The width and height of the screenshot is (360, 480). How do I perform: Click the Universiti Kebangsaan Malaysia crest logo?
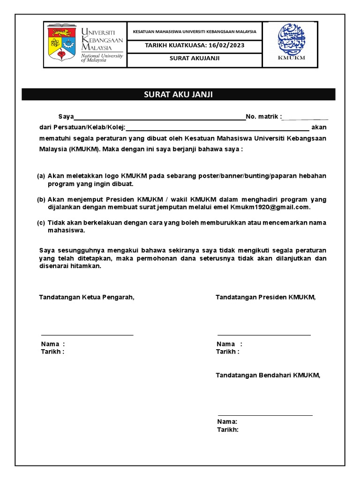click(x=63, y=45)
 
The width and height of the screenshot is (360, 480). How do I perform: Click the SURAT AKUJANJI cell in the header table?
click(x=195, y=59)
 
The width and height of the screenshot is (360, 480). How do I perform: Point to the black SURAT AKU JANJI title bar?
click(x=178, y=94)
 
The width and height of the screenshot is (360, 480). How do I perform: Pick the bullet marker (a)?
click(x=41, y=176)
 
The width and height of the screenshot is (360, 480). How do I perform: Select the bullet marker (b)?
click(x=41, y=199)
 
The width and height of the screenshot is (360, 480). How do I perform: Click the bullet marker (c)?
click(x=41, y=222)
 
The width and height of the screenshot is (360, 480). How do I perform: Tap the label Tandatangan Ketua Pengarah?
click(x=87, y=297)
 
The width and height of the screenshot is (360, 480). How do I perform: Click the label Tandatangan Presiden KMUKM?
click(x=265, y=297)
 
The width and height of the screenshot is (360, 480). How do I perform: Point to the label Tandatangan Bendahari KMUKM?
click(x=268, y=375)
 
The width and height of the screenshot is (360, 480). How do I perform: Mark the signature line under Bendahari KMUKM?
click(x=265, y=415)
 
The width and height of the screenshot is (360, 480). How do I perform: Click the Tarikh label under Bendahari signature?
click(x=227, y=429)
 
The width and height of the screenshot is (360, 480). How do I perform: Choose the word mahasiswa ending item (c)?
click(x=66, y=230)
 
